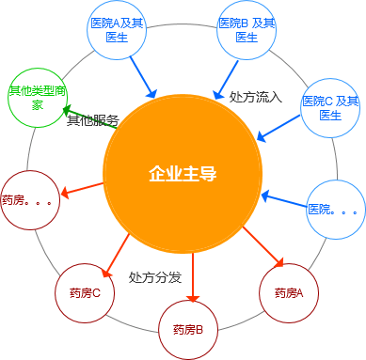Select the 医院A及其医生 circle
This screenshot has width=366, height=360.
tap(118, 29)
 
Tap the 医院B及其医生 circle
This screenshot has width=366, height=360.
tap(247, 29)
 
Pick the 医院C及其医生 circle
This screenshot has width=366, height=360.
tap(329, 107)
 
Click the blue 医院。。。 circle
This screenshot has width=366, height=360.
tap(334, 208)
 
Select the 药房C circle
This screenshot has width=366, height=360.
tap(84, 293)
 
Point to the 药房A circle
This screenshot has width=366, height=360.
tap(288, 292)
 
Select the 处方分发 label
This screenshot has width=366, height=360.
tap(154, 277)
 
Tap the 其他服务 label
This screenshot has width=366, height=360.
tap(93, 120)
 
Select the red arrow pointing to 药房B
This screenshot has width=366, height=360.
tap(192, 273)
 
